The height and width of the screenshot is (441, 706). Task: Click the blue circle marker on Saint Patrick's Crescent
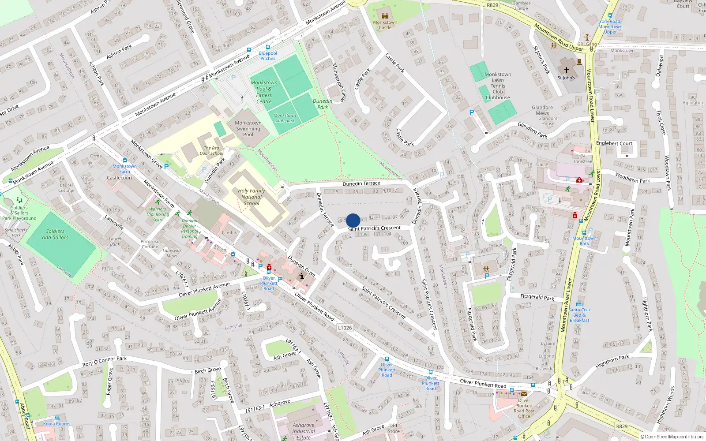pyautogui.click(x=353, y=220)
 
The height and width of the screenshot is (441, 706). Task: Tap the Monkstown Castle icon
pyautogui.click(x=385, y=16)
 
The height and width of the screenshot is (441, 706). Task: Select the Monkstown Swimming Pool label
pyautogui.click(x=248, y=129)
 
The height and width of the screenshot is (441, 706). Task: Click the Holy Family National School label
pyautogui.click(x=252, y=197)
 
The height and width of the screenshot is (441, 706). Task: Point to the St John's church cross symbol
pyautogui.click(x=567, y=70)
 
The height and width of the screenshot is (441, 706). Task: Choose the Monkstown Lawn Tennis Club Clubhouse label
pyautogui.click(x=498, y=86)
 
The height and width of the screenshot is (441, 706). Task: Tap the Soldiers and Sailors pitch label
pyautogui.click(x=55, y=234)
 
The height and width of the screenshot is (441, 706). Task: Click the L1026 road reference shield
pyautogui.click(x=345, y=328)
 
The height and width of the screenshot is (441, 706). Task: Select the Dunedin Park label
pyautogui.click(x=323, y=104)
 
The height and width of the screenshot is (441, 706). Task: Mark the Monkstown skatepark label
pyautogui.click(x=285, y=118)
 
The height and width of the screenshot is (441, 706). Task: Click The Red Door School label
pyautogui.click(x=211, y=151)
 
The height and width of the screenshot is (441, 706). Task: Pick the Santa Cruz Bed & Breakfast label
pyautogui.click(x=579, y=315)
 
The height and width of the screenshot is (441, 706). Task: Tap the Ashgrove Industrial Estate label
pyautogui.click(x=304, y=431)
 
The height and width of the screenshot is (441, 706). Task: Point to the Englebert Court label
pyautogui.click(x=614, y=143)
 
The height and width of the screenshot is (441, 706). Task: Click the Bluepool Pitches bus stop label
pyautogui.click(x=268, y=56)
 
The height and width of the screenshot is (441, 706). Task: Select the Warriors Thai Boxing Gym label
pyautogui.click(x=158, y=214)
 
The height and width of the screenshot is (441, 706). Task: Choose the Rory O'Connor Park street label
pyautogui.click(x=105, y=361)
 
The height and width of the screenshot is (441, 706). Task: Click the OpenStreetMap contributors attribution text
pyautogui.click(x=672, y=437)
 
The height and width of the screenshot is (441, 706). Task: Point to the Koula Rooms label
pyautogui.click(x=56, y=424)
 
